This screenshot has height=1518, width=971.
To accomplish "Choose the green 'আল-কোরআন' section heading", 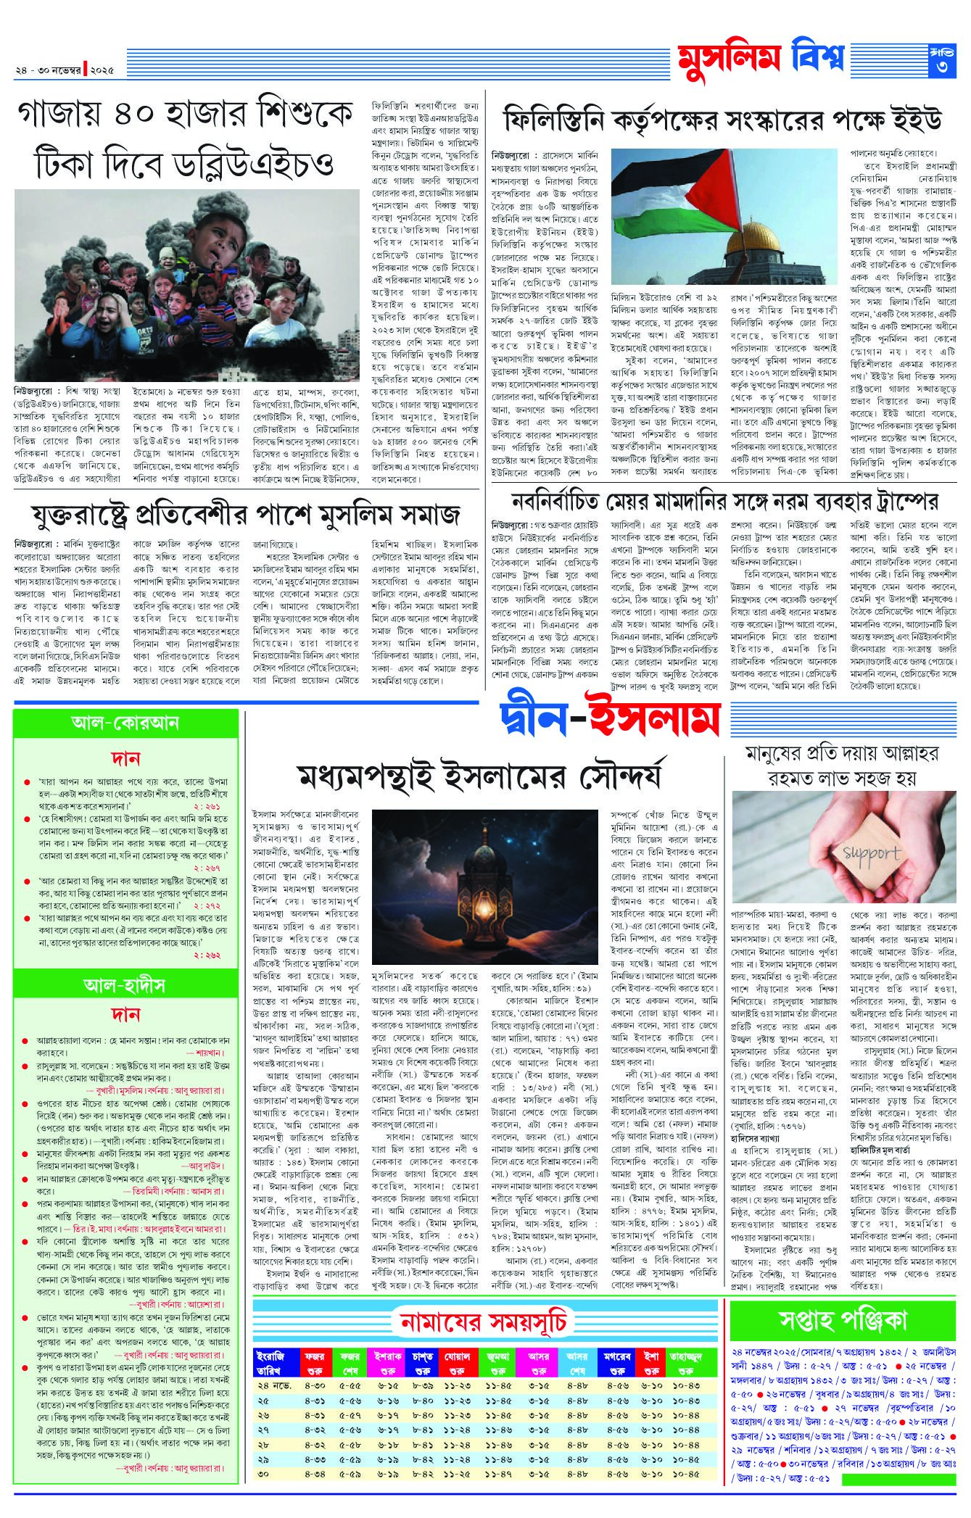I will [x=125, y=722].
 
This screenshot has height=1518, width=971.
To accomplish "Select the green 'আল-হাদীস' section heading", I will [x=125, y=984].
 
